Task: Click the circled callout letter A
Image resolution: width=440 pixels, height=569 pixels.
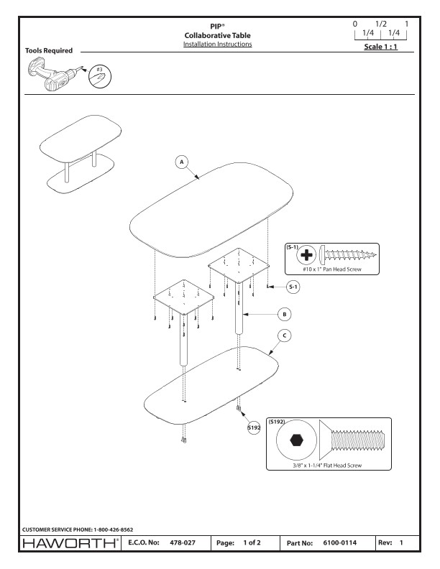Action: click(183, 162)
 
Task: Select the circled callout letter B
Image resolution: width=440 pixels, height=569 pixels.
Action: click(285, 314)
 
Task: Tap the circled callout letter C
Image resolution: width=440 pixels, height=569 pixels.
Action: click(285, 336)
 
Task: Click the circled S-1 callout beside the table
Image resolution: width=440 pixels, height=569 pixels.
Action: click(293, 287)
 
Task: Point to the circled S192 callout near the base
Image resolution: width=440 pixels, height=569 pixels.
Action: click(253, 427)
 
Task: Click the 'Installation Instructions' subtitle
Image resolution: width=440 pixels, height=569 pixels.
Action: click(217, 45)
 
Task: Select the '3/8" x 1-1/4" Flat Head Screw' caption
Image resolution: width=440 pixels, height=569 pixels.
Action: click(327, 466)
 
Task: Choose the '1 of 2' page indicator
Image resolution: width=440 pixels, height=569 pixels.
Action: click(251, 543)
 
